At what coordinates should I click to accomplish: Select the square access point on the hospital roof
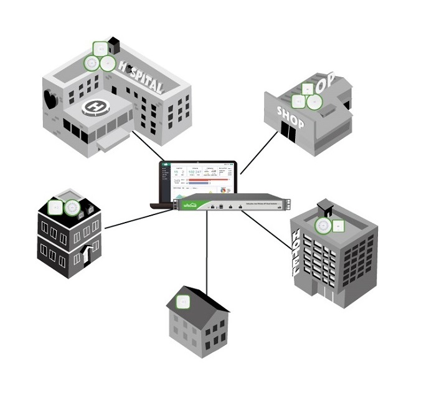click(100, 48)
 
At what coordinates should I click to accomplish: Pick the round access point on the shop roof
click(299, 101)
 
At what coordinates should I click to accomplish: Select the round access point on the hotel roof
click(323, 226)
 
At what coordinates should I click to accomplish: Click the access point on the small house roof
click(182, 303)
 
